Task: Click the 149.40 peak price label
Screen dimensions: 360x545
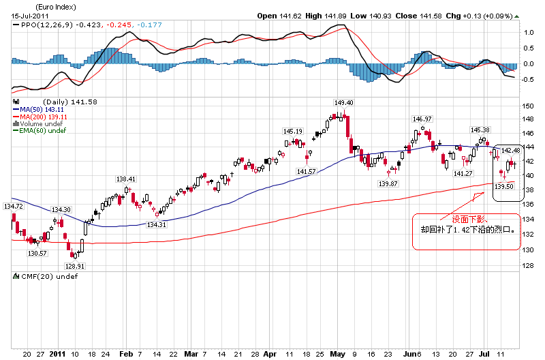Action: [343, 102]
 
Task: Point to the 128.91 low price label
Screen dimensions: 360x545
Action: [74, 267]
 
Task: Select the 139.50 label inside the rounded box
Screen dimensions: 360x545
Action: [503, 186]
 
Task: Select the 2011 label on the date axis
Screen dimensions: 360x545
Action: [57, 355]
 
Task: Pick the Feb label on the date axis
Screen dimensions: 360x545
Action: [125, 355]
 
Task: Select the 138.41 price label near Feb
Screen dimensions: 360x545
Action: [127, 179]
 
